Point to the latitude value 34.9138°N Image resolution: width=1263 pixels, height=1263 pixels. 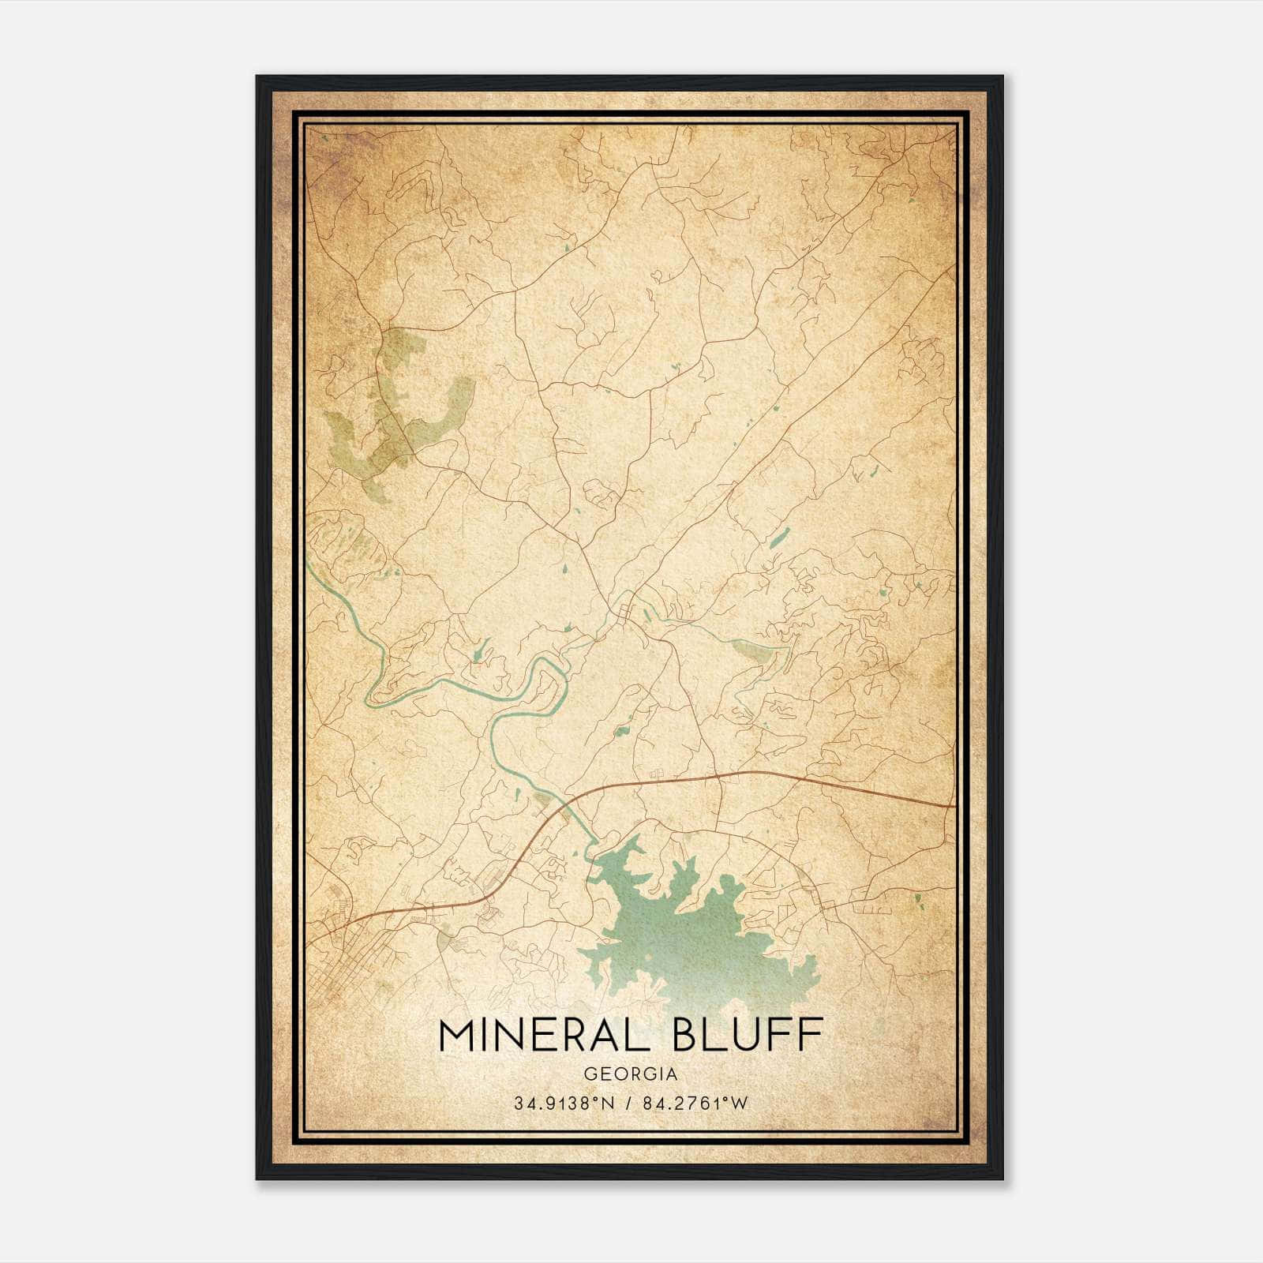coord(562,1104)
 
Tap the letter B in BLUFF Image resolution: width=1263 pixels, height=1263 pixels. coord(688,1035)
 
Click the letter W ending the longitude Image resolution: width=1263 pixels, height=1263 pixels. coord(740,1104)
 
